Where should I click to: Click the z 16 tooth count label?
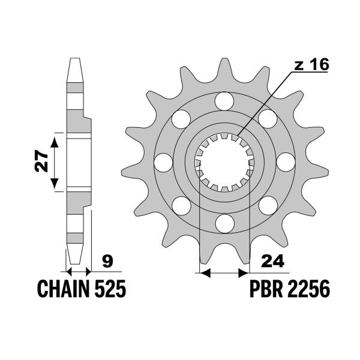pyautogui.click(x=311, y=66)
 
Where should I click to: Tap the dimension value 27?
pyautogui.click(x=41, y=163)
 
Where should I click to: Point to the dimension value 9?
pyautogui.click(x=107, y=261)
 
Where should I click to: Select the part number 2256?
pyautogui.click(x=308, y=290)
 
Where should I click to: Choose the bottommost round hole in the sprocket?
pyautogui.click(x=224, y=224)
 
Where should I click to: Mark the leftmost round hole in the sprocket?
pyautogui.click(x=163, y=162)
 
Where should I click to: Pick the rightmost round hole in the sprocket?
pyautogui.click(x=286, y=162)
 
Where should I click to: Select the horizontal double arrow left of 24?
pyautogui.click(x=223, y=274)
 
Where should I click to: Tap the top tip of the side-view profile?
pyautogui.click(x=75, y=61)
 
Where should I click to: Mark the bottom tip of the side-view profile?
pyautogui.click(x=75, y=262)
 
